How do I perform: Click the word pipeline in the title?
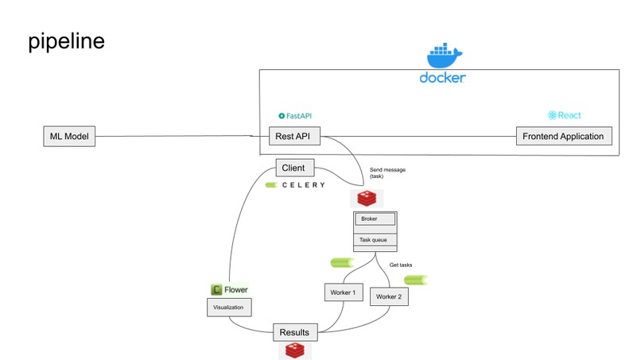click(66, 41)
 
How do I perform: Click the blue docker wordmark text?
click(442, 78)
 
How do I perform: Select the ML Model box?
click(68, 137)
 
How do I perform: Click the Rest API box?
click(294, 137)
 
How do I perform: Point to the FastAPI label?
click(295, 116)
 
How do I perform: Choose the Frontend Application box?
click(564, 136)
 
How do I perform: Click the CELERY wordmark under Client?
click(295, 185)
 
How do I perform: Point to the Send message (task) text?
click(387, 173)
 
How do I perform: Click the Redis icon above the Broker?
click(367, 198)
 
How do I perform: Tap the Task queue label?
click(371, 239)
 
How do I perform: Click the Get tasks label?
click(401, 265)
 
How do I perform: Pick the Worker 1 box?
click(343, 292)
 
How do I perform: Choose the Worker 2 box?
click(389, 296)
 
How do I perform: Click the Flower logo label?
click(230, 290)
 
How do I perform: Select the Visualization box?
click(229, 307)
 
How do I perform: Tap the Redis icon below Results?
click(294, 350)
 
